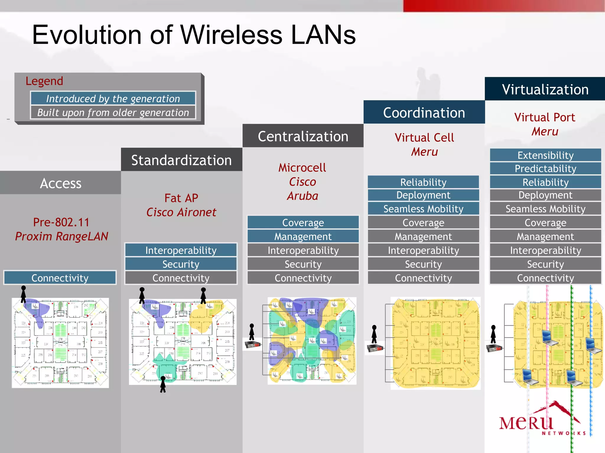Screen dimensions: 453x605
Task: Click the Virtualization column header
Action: click(x=545, y=89)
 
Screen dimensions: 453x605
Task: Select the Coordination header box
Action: click(x=424, y=112)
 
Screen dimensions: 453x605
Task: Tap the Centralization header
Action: click(x=303, y=136)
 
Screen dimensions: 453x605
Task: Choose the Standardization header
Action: click(x=181, y=160)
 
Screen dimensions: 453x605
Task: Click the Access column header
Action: click(x=61, y=183)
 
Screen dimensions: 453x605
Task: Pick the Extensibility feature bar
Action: click(x=545, y=155)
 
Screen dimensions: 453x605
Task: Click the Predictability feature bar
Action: click(x=545, y=168)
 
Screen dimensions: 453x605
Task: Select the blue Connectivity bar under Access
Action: click(x=60, y=278)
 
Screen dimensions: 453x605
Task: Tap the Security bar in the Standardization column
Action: click(x=181, y=264)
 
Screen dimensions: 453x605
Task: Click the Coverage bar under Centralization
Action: click(x=303, y=222)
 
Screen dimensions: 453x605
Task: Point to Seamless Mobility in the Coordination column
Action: click(x=423, y=209)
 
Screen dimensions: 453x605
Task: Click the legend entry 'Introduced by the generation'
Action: click(x=113, y=99)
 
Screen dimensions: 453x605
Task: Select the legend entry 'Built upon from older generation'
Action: click(x=113, y=112)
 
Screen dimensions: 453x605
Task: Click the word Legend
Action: click(x=44, y=81)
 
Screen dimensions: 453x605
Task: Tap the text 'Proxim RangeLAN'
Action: click(x=61, y=236)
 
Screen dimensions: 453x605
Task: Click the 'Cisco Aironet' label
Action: click(x=181, y=212)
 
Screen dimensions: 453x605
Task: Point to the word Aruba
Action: click(x=302, y=196)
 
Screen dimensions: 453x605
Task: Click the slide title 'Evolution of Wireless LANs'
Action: click(x=194, y=35)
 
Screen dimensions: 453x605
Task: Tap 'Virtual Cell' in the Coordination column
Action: click(x=424, y=137)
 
